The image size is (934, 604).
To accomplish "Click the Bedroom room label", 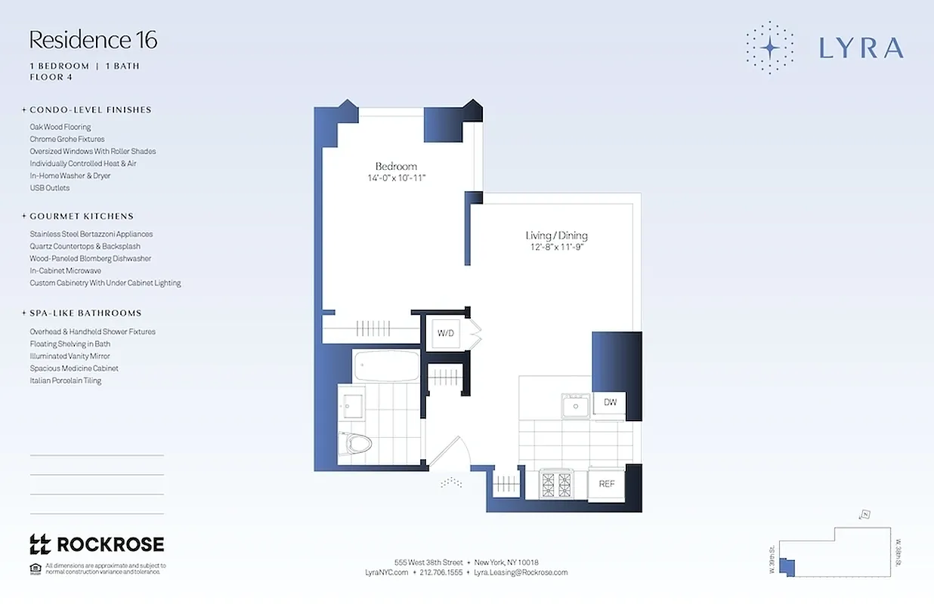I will [396, 166].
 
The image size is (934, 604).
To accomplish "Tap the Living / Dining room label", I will [557, 236].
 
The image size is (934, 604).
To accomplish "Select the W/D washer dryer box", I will [444, 332].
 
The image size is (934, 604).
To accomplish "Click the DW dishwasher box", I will [610, 402].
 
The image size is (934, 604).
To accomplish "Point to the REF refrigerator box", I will [607, 484].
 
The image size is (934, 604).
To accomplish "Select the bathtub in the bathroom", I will [386, 366].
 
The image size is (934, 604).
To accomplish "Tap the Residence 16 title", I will [93, 40].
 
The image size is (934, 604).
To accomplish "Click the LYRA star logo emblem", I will [769, 48].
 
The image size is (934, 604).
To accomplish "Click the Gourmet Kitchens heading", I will [82, 216].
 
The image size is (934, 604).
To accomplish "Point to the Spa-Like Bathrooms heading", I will [85, 313].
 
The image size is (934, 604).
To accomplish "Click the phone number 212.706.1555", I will [441, 572].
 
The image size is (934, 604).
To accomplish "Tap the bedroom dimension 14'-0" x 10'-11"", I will [396, 178].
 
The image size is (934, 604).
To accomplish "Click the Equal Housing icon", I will [35, 568].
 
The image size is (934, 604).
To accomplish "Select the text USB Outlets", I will [50, 188].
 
